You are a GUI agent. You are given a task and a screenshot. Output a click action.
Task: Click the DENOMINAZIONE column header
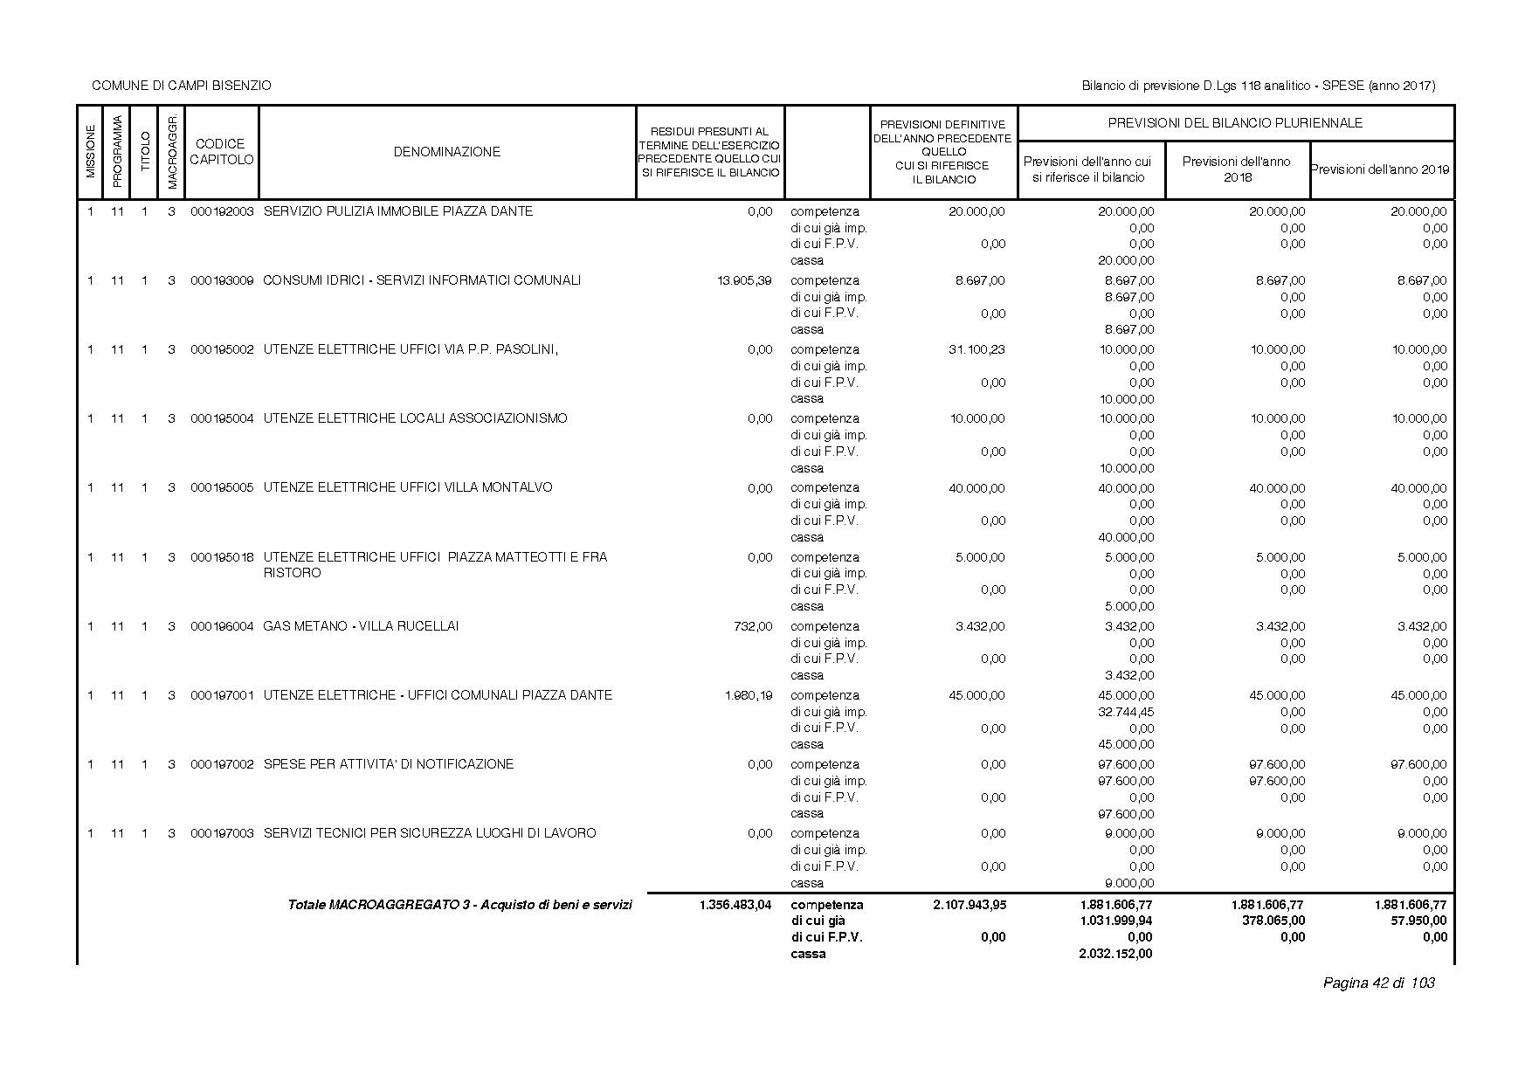pos(446,152)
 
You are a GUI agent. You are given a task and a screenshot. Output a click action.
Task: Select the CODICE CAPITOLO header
pos(221,152)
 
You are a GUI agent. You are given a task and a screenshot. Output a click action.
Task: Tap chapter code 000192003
pos(222,211)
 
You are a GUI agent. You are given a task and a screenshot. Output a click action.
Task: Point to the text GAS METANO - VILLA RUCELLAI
pos(361,626)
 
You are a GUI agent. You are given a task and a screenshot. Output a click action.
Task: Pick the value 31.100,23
pos(976,349)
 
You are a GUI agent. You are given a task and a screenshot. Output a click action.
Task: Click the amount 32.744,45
pos(1126,712)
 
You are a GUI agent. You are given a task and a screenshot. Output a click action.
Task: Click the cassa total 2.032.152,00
pos(1115,954)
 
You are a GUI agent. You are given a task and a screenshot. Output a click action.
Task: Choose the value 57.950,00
pos(1417,921)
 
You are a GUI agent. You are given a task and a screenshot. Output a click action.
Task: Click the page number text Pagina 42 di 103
pos(1379,983)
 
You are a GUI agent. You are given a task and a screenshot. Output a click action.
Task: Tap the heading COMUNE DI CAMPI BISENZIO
pos(182,86)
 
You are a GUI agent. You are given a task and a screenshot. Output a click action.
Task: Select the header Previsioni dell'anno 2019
pos(1382,169)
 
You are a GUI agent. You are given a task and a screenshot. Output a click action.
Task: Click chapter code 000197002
pos(222,764)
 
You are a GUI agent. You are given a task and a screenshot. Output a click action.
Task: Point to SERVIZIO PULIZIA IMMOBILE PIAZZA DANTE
pos(397,211)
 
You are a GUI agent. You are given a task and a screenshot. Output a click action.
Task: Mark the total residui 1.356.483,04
pos(735,905)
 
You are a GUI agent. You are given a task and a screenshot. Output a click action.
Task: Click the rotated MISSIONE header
pos(90,152)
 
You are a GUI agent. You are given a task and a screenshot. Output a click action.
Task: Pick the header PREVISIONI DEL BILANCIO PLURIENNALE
pos(1235,123)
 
